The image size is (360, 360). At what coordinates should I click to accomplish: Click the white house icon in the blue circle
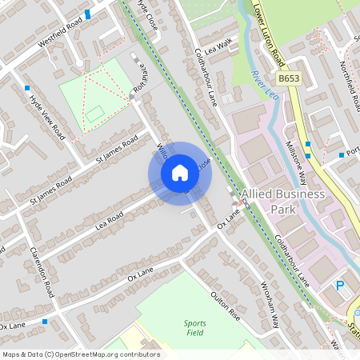[180, 172]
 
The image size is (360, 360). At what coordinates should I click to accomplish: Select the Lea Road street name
[110, 218]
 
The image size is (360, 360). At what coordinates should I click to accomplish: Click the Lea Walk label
[218, 47]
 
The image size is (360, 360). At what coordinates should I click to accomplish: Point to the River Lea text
[258, 83]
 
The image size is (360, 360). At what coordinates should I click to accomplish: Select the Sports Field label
[194, 327]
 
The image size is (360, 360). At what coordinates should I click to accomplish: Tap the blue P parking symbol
[340, 286]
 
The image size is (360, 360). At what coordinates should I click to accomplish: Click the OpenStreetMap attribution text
[81, 354]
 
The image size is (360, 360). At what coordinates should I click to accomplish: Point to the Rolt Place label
[144, 82]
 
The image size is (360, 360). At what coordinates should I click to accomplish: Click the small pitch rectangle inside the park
[95, 114]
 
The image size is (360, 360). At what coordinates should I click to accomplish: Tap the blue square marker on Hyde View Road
[27, 88]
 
